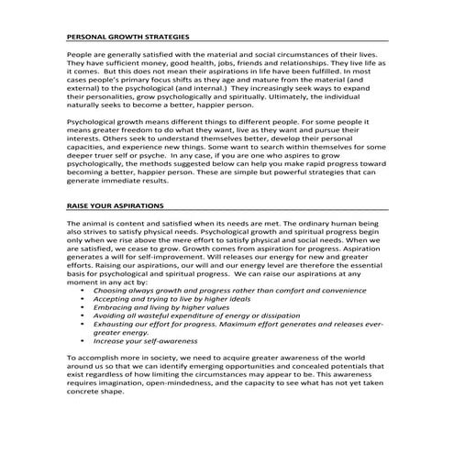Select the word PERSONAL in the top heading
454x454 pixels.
87,37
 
